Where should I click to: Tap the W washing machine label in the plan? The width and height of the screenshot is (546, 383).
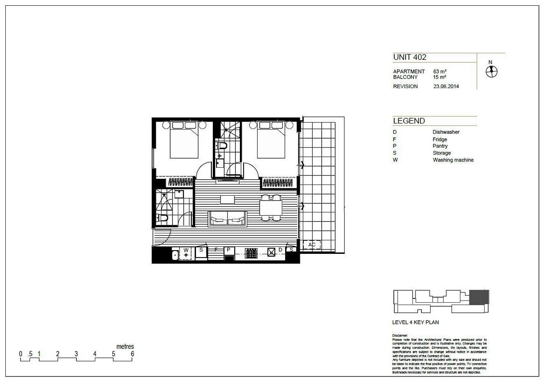click(x=186, y=250)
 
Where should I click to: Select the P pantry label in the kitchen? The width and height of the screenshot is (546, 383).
click(x=228, y=250)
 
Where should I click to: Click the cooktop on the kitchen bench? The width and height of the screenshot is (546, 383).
click(x=251, y=253)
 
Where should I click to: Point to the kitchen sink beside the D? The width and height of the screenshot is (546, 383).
click(x=271, y=252)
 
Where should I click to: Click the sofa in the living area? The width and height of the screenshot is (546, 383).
click(x=227, y=218)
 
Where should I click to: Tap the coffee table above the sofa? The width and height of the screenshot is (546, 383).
click(x=227, y=199)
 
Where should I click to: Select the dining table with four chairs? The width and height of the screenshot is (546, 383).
click(x=271, y=207)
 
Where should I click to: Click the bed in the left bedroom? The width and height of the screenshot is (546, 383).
click(x=184, y=139)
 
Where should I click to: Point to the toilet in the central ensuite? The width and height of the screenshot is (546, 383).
click(x=222, y=146)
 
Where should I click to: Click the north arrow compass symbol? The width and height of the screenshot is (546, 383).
click(x=491, y=72)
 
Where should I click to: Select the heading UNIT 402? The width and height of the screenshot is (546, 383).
click(x=410, y=57)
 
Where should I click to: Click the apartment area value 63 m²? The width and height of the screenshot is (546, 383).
click(x=440, y=71)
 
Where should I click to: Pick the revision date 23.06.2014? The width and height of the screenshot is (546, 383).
click(x=446, y=87)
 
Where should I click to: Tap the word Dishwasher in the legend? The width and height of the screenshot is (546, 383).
click(x=446, y=132)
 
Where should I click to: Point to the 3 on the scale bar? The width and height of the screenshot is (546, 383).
click(x=76, y=354)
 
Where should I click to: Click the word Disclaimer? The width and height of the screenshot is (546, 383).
click(x=400, y=335)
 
